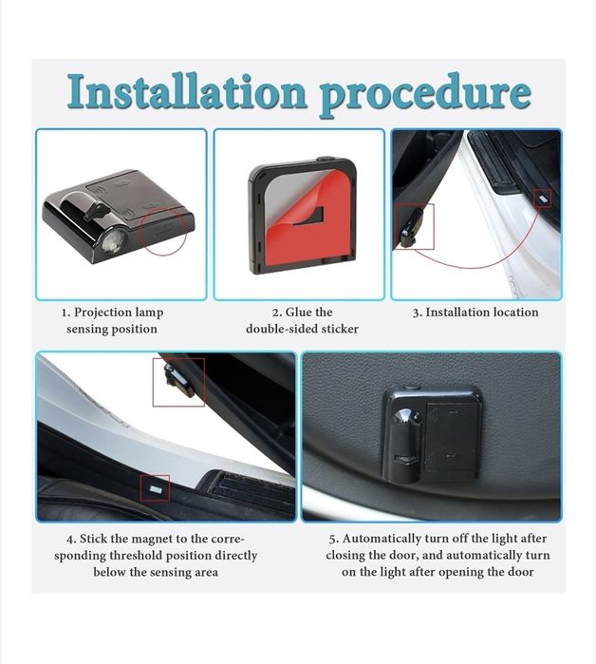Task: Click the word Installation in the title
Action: pyautogui.click(x=186, y=92)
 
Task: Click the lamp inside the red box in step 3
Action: pyautogui.click(x=410, y=229)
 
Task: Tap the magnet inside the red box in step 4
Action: pyautogui.click(x=154, y=489)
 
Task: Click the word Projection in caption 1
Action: pyautogui.click(x=102, y=313)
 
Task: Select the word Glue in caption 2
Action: pyautogui.click(x=298, y=313)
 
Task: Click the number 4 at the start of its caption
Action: pyautogui.click(x=71, y=540)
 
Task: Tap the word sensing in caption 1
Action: pyautogui.click(x=87, y=330)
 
